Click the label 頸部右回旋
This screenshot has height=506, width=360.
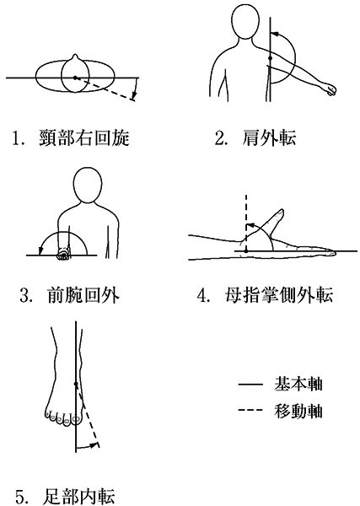(x=84, y=137)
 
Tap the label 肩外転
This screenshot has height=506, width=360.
(x=269, y=137)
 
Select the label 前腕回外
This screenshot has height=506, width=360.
(x=83, y=294)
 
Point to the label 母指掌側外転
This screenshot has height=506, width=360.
(x=279, y=294)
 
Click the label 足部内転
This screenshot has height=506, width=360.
(x=78, y=497)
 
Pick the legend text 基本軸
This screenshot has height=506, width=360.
(x=298, y=384)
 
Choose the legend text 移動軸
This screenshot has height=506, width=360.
(x=298, y=411)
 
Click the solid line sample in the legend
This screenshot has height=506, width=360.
(x=250, y=385)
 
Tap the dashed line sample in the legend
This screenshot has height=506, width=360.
(x=250, y=411)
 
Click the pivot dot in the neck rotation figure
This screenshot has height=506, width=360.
(x=75, y=78)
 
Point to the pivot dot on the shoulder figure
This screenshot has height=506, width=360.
(x=271, y=58)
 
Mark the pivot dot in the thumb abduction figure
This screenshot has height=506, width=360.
(x=246, y=250)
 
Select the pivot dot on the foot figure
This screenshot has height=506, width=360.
(x=76, y=384)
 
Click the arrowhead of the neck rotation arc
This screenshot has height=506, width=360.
(x=134, y=95)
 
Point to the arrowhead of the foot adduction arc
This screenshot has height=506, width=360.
(x=94, y=445)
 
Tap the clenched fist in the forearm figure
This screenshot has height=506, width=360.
(x=63, y=255)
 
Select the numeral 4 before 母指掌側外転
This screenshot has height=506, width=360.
(x=202, y=296)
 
